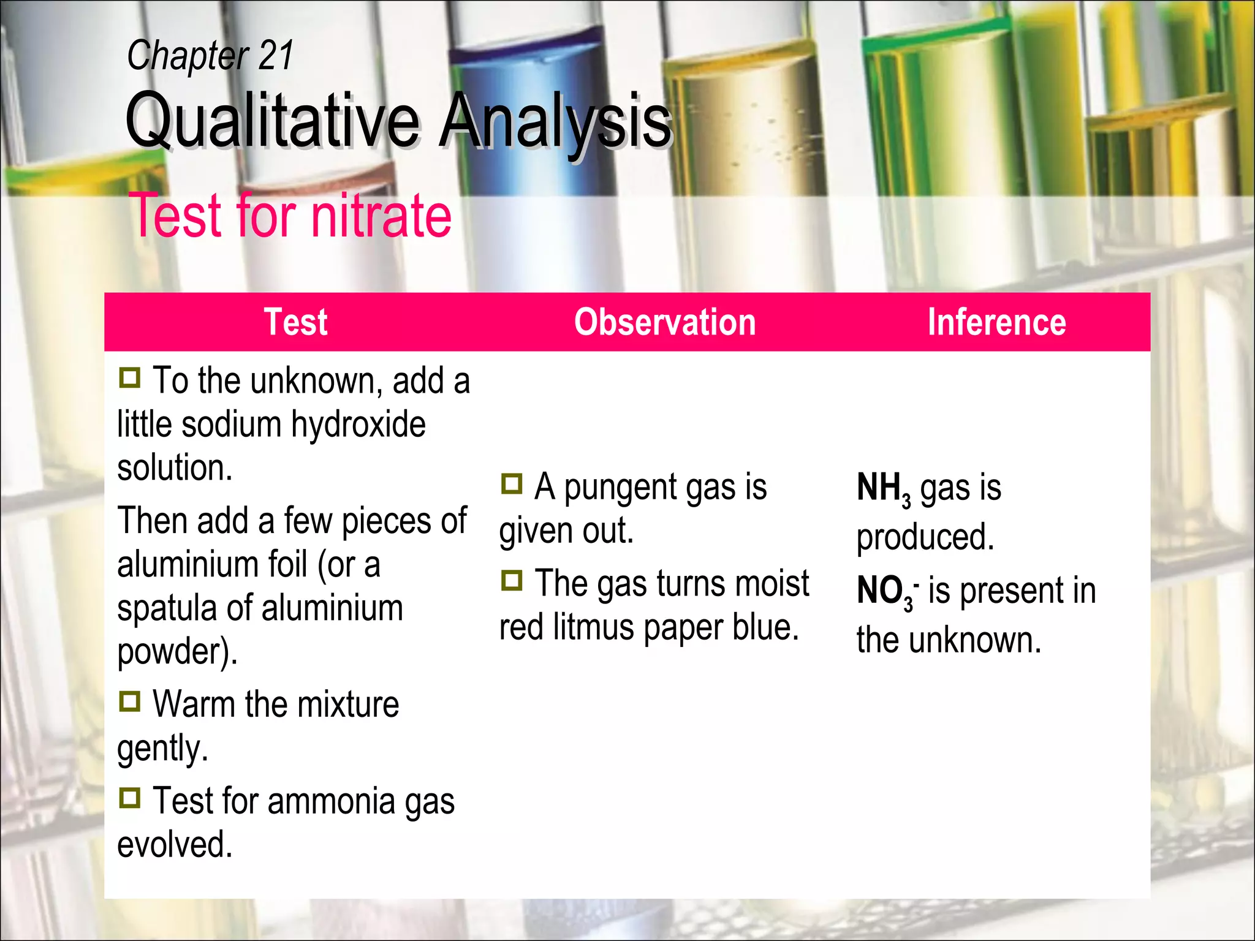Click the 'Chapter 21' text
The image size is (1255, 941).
tap(210, 56)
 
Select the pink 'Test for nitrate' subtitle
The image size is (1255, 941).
tap(290, 216)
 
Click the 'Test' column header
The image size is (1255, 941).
tap(295, 322)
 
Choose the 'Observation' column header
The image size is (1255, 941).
tap(665, 322)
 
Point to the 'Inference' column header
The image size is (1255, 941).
tap(996, 322)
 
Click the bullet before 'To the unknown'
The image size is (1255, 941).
tap(130, 377)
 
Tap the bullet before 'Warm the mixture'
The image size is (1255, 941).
tap(130, 701)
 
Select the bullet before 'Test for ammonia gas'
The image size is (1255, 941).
tap(130, 798)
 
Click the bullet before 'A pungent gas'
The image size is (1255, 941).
tap(512, 484)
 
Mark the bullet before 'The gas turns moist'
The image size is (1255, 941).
tap(512, 580)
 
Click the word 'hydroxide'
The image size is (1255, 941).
tap(358, 424)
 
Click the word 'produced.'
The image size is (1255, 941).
tap(925, 538)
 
